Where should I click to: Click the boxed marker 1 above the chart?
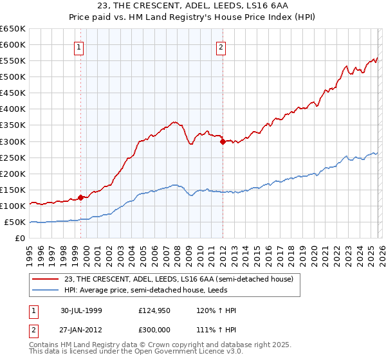click(x=78, y=46)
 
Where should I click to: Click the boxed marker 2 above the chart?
click(x=221, y=46)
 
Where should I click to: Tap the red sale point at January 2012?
click(x=223, y=142)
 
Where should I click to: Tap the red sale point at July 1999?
click(x=81, y=198)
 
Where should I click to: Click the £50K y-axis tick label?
click(x=15, y=222)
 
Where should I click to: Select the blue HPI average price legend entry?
click(x=161, y=290)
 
